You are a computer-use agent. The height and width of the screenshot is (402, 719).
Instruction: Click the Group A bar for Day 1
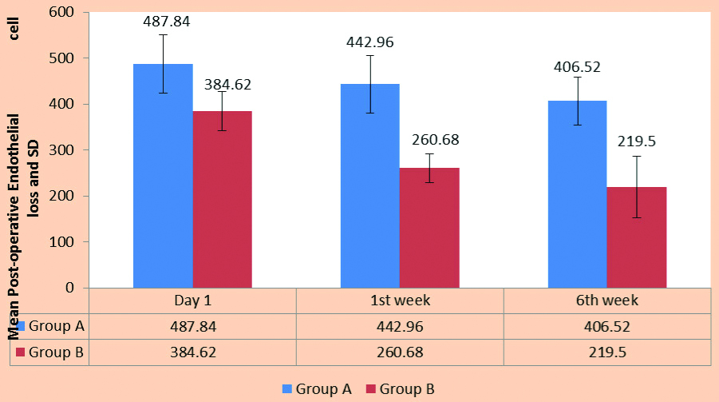tap(163, 176)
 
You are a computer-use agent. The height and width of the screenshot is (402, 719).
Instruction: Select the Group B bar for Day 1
tap(222, 199)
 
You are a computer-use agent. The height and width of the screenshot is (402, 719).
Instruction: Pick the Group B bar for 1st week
tap(429, 228)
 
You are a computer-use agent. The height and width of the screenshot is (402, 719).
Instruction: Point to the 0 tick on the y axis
tap(69, 288)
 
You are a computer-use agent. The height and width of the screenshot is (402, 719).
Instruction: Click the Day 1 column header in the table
tap(192, 301)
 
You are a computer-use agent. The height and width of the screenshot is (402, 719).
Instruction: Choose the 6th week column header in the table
tap(607, 301)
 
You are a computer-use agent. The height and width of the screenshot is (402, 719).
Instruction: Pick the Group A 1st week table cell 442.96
tap(400, 326)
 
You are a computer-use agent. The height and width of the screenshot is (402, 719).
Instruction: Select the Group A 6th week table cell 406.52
tap(607, 326)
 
